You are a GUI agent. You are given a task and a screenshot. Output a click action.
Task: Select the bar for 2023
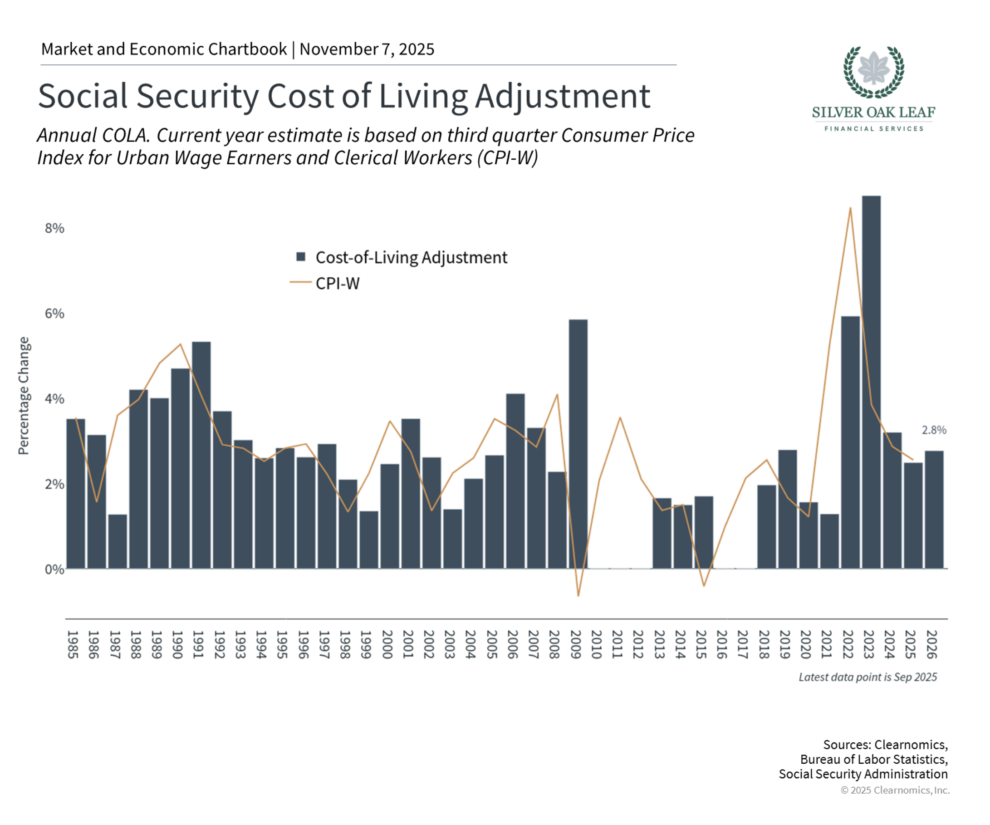[x=871, y=382]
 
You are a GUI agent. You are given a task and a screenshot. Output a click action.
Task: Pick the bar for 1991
[x=201, y=455]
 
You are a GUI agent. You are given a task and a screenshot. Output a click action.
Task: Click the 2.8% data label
[x=933, y=430]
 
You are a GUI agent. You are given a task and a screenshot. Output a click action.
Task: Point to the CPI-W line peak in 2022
[x=850, y=208]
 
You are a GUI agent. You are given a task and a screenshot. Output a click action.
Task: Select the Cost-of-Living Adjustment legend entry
[x=411, y=257]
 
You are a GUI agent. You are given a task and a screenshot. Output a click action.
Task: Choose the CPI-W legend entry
[x=337, y=283]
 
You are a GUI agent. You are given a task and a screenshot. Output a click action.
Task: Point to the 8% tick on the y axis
[x=54, y=228]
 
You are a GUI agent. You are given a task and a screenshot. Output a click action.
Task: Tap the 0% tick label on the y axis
[x=54, y=569]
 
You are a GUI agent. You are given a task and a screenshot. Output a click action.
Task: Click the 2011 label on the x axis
[x=617, y=644]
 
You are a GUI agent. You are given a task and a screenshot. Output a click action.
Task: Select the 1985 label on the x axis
[x=73, y=644]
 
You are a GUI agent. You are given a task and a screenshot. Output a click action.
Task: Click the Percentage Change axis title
[x=24, y=396]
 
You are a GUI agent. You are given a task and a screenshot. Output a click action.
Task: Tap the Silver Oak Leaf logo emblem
[x=873, y=72]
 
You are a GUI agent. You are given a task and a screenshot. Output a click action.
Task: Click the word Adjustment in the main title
[x=563, y=96]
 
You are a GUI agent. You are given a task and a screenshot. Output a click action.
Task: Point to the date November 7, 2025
[x=367, y=49]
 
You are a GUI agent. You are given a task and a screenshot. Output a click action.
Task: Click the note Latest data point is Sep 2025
[x=867, y=677]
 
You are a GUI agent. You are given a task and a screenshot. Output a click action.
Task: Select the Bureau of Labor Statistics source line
[x=873, y=759]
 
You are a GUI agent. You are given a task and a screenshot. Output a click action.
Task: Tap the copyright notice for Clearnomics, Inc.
[x=895, y=790]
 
